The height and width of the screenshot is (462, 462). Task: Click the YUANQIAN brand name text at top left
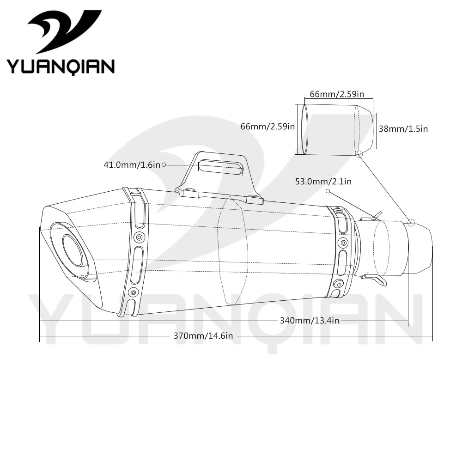61,66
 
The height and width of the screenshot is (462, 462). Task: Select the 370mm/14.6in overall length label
203,336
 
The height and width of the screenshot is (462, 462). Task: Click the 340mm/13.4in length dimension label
310,321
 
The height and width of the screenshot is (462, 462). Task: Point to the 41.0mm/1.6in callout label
132,165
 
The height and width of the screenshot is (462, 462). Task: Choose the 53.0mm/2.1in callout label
323,182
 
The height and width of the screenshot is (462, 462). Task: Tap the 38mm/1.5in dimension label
403,129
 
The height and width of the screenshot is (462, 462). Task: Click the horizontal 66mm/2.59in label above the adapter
337,94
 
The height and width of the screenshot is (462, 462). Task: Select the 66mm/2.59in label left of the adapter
267,127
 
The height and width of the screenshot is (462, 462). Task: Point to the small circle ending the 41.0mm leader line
164,165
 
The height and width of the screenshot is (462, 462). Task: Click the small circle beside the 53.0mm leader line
328,191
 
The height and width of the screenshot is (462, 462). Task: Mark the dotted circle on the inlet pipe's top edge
411,223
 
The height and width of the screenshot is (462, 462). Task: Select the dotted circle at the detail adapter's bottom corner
359,153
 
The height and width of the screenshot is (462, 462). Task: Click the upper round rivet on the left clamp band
139,237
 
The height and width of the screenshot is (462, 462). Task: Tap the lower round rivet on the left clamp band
134,292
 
